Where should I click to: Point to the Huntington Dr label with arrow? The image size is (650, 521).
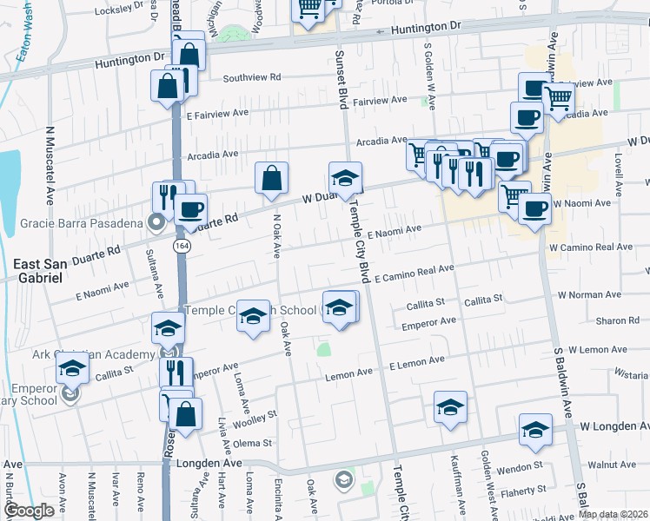pos(424,28)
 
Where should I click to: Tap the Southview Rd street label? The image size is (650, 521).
pos(252,77)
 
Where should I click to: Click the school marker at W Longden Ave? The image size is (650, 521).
pos(535,429)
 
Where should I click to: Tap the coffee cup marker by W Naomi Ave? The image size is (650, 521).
pos(534,208)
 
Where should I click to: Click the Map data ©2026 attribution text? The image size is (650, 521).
pos(613,514)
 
